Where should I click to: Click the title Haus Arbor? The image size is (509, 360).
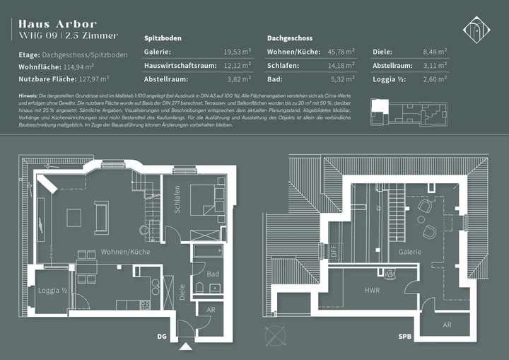coord(58,24)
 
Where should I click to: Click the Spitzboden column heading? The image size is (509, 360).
coord(163,37)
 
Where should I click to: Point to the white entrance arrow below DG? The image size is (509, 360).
coord(187,347)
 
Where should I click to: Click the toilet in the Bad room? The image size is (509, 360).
coord(200,286)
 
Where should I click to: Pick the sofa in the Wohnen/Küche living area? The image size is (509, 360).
coord(100,216)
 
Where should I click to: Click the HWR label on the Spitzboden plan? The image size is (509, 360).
coord(372,291)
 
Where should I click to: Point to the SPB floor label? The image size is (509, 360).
coord(404,337)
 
